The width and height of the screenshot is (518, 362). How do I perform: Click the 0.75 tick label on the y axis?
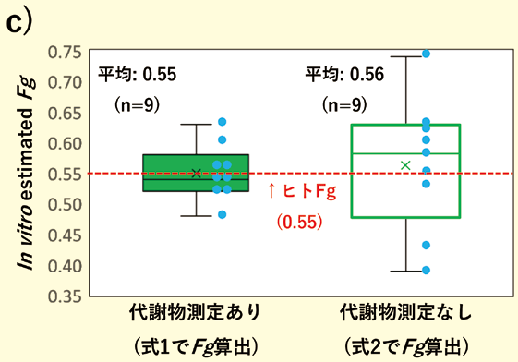(x=61, y=51)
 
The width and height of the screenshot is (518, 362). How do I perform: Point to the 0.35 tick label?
(x=61, y=297)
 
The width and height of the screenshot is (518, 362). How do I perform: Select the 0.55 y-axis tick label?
(x=61, y=174)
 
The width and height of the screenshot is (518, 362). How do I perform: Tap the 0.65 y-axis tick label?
(x=61, y=112)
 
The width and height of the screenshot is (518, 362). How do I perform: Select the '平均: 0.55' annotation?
(x=137, y=75)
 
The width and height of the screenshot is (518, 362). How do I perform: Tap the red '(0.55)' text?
(x=300, y=222)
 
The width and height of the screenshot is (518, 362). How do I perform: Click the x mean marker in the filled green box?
(x=196, y=173)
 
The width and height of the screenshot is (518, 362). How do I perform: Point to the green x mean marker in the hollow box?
(x=404, y=165)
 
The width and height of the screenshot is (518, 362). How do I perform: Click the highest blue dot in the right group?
(x=426, y=54)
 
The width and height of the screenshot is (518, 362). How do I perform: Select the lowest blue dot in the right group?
(x=426, y=271)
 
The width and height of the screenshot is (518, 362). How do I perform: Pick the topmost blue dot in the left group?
(x=222, y=122)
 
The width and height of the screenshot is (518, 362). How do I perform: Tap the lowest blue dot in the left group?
(x=222, y=214)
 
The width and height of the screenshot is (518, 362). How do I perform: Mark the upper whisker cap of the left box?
(x=196, y=124)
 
